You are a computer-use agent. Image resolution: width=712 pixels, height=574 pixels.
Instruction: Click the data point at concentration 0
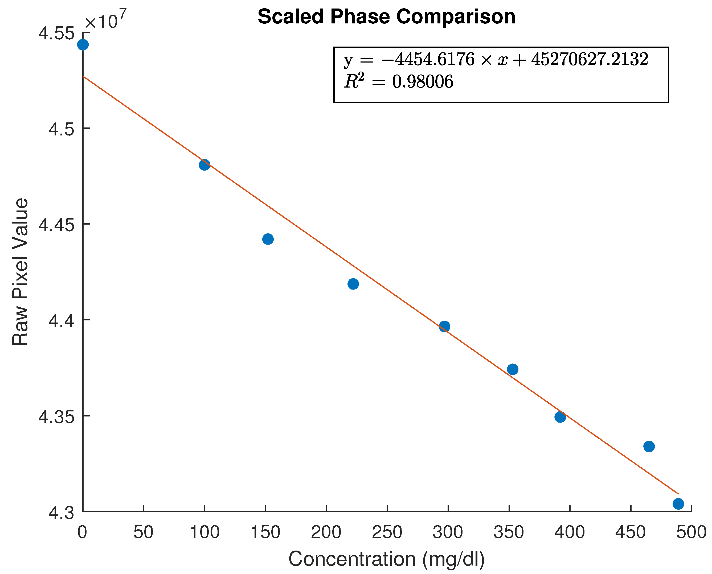[83, 45]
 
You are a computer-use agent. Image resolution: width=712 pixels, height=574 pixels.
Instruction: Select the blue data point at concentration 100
[204, 165]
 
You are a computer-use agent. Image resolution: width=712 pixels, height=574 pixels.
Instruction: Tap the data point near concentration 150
[268, 239]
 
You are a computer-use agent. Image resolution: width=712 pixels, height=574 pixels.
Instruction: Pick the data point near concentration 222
[353, 284]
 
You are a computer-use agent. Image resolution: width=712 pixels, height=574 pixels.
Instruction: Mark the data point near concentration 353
[513, 369]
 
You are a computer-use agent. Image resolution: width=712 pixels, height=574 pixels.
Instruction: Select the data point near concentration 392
[560, 417]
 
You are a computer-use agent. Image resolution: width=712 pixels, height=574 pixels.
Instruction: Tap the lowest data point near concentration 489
[678, 504]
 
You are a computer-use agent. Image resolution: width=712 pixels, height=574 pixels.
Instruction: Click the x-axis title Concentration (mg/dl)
[386, 559]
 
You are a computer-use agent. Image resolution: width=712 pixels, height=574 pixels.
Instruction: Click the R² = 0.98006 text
[398, 81]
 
